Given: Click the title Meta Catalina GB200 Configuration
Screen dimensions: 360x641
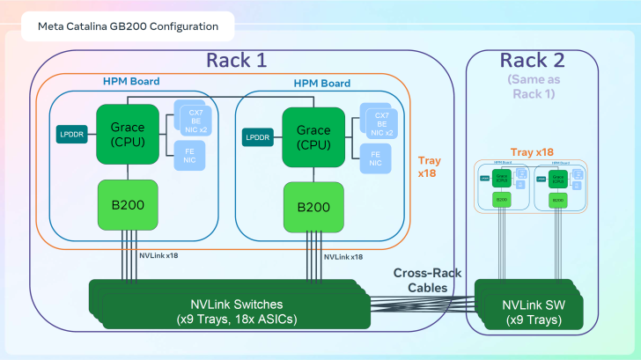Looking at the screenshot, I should [x=128, y=26].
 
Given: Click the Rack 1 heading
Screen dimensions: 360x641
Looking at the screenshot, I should [x=236, y=60].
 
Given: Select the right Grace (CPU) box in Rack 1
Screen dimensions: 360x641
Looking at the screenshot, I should [x=313, y=136].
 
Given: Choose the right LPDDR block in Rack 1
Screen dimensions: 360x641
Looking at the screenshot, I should [x=257, y=137].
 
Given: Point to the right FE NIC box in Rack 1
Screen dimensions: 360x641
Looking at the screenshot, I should [x=376, y=158].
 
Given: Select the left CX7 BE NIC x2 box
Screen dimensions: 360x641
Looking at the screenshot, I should [x=195, y=119].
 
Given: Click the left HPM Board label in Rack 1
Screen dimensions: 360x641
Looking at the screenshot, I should [x=131, y=81].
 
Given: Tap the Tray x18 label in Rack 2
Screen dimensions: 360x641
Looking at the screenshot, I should [x=532, y=152].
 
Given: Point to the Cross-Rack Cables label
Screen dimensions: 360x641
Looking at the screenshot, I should [x=424, y=279].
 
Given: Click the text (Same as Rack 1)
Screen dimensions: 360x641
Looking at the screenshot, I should [x=530, y=86].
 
